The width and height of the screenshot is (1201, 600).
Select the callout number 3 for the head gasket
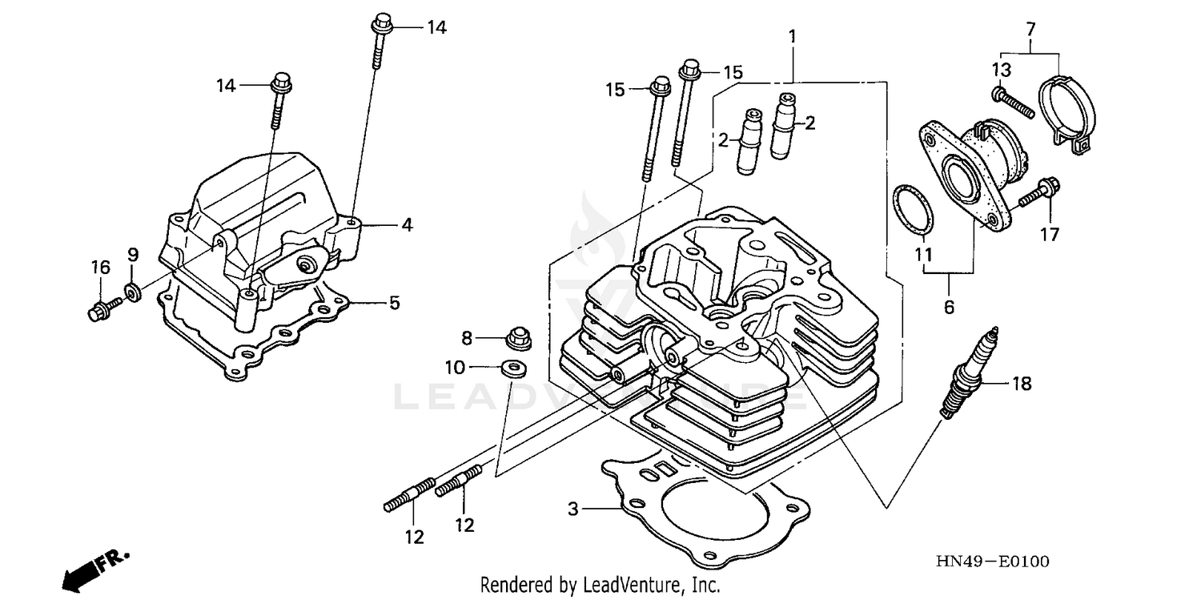(572, 508)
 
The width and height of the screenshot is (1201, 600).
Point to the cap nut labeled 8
(519, 340)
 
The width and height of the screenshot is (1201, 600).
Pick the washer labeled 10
(510, 368)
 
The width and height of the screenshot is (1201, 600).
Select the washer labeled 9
(131, 290)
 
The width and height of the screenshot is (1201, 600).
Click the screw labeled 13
(1012, 103)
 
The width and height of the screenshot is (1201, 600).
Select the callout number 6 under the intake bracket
(949, 306)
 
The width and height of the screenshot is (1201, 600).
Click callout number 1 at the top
(792, 36)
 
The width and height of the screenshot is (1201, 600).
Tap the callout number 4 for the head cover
(407, 225)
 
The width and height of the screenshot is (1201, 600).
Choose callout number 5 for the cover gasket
(394, 303)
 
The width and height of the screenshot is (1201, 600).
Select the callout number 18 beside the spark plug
(1022, 385)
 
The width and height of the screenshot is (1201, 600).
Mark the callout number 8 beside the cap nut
(467, 336)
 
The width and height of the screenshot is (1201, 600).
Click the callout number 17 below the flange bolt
(1049, 234)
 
